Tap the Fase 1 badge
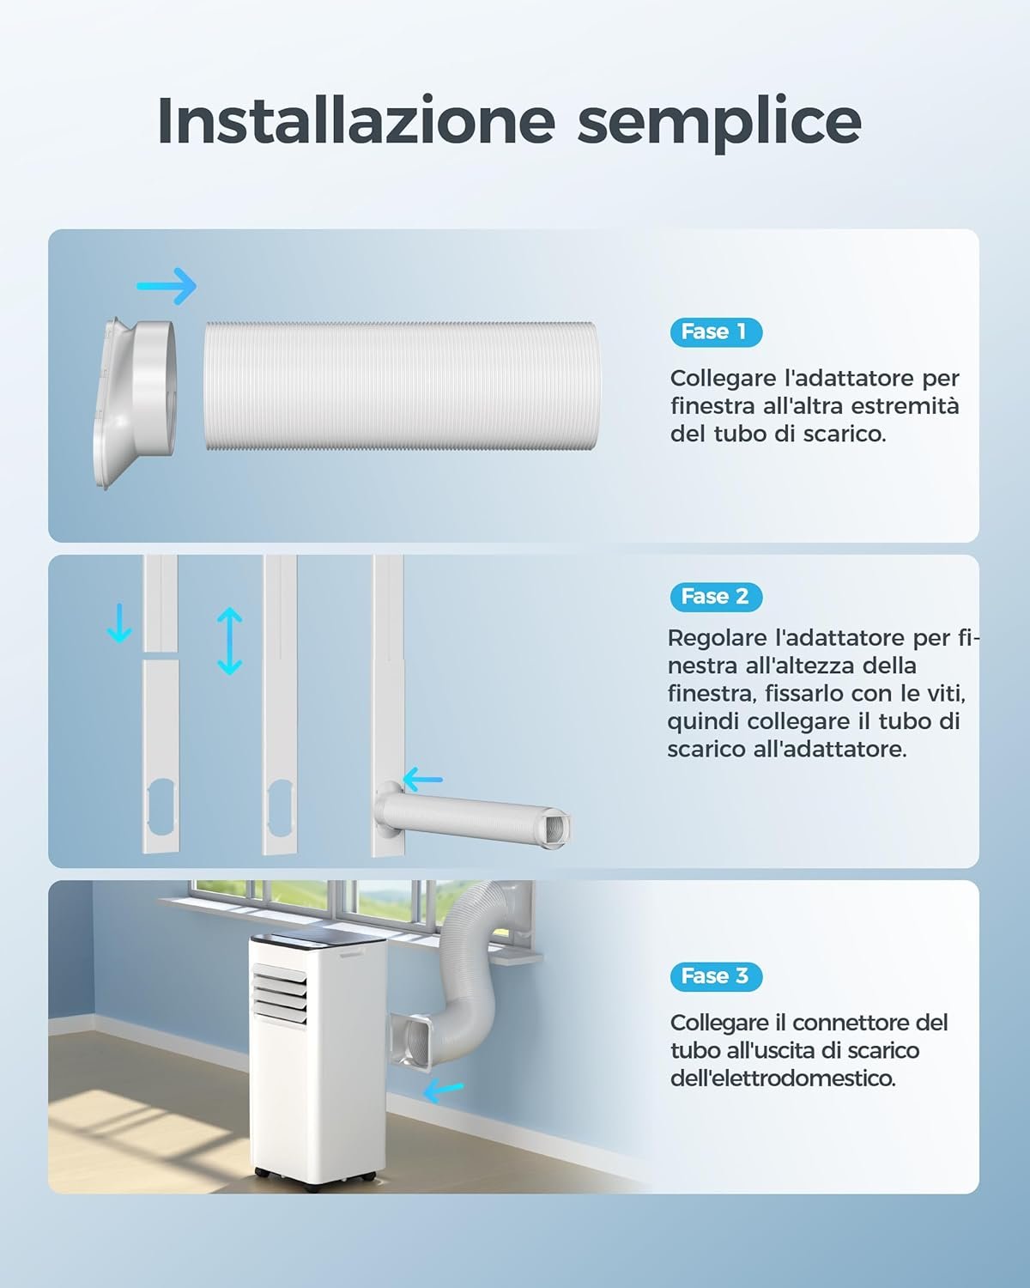[716, 332]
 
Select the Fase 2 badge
[716, 597]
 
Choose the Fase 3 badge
[716, 977]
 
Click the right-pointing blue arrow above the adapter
[167, 286]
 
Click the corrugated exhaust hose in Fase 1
[400, 386]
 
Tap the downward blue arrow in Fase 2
[119, 623]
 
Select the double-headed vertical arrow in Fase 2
[229, 641]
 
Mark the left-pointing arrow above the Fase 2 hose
[422, 780]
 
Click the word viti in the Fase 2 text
[946, 694]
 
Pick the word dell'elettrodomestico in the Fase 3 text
[783, 1078]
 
